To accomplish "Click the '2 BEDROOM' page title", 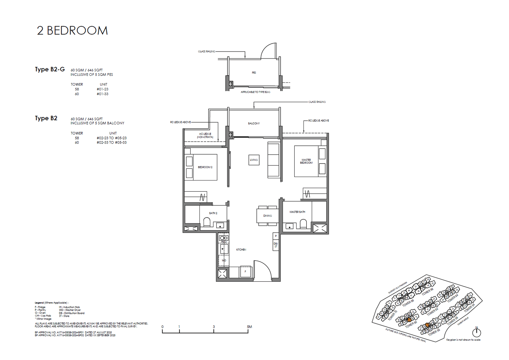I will pos(72,31).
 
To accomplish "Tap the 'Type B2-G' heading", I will pos(50,69).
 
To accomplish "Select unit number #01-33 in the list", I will pos(102,94).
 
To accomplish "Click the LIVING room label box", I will pos(254,160).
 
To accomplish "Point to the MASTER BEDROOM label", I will pos(306,161).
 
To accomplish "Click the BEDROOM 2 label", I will pos(205,167).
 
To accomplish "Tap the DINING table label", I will pos(268,216).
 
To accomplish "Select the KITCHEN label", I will pos(241,250).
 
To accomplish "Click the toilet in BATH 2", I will pos(207,222).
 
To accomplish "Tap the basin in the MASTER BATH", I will pos(289,226).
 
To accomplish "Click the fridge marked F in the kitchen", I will pos(245,272).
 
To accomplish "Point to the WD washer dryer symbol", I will pos(224,260).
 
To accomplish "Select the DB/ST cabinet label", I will pos(276,245).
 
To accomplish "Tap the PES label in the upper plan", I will pos(254,73).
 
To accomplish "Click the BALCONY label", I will pos(254,123).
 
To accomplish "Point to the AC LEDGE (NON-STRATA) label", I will pos(205,135).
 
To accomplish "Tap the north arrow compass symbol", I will pos(476,332).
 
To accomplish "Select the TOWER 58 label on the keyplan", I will pos(434,332).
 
